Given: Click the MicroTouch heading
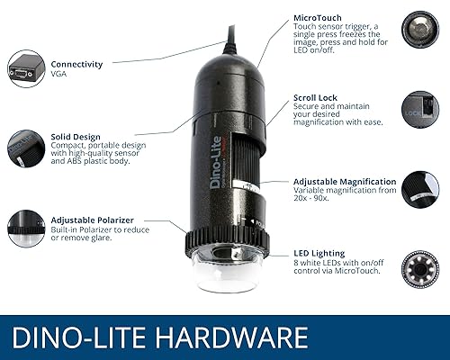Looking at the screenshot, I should coord(317,17).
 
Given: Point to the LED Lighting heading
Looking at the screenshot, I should coord(319,253).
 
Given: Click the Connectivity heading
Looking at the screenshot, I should coord(76,65).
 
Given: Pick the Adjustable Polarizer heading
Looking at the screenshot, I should coord(94,220).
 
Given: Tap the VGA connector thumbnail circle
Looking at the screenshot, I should coord(24,68).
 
